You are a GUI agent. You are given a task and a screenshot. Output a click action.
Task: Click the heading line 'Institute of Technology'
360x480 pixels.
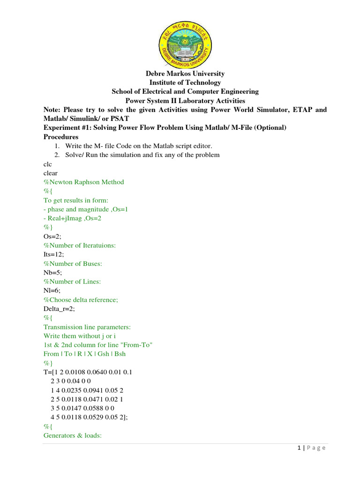(185, 82)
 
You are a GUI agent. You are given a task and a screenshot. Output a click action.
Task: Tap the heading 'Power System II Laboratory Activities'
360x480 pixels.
(185, 100)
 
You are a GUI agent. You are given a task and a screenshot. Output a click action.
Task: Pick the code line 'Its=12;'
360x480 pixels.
(53, 255)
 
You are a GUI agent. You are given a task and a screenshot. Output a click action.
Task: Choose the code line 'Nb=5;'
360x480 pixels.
(52, 273)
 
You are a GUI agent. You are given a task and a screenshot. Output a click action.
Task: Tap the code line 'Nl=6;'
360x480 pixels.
(52, 291)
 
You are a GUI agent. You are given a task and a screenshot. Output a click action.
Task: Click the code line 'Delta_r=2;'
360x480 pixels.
(60, 309)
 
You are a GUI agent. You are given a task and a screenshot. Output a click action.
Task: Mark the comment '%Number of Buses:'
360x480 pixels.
(73, 264)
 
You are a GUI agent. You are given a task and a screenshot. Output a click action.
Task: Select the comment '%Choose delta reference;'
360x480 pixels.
(81, 300)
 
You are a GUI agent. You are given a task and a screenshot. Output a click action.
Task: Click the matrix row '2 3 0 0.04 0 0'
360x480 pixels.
(75, 381)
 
